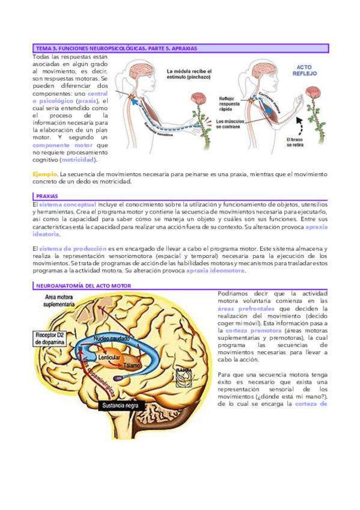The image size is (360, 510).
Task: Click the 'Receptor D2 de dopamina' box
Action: [56, 337]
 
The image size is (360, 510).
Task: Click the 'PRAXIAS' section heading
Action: [46, 196]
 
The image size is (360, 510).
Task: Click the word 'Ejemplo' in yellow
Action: [44, 174]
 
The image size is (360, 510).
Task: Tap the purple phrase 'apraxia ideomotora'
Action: [215, 271]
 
